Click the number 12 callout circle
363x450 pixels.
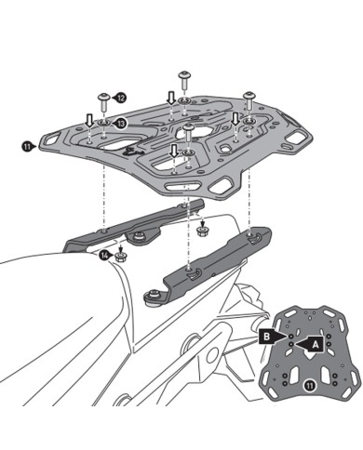pyautogui.click(x=122, y=97)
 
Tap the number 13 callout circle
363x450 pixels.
pyautogui.click(x=122, y=122)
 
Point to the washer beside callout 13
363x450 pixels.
pyautogui.click(x=103, y=122)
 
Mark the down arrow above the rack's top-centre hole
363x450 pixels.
pyautogui.click(x=170, y=97)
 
